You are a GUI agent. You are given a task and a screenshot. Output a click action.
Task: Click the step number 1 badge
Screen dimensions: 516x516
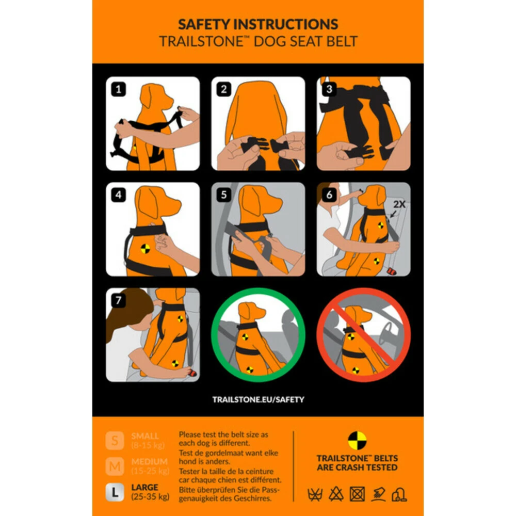(119, 89)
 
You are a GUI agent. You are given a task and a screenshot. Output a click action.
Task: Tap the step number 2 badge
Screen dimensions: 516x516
(223, 89)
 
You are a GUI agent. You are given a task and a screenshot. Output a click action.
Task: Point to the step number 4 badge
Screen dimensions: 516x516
(119, 195)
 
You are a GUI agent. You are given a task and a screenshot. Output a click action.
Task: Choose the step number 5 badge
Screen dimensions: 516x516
(223, 195)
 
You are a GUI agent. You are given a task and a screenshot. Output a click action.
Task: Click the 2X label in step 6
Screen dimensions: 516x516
(399, 204)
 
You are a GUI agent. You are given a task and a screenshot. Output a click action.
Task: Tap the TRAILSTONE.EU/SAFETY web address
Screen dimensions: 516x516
(258, 399)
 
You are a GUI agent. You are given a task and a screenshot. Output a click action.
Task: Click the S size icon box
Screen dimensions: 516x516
(115, 440)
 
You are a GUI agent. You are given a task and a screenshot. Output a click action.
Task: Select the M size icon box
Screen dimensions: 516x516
(115, 465)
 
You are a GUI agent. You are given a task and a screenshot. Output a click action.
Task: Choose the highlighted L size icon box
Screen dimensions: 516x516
(115, 492)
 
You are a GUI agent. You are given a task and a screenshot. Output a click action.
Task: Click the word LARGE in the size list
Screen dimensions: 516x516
(144, 487)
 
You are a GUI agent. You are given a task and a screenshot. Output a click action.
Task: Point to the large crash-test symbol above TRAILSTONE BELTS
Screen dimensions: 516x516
(357, 440)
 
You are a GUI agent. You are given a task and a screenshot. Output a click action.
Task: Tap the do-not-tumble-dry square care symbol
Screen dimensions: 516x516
(357, 494)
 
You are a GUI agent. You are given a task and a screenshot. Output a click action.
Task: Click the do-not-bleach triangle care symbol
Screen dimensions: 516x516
(336, 494)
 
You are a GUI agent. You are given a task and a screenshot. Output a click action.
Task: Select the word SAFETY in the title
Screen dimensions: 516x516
(205, 24)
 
